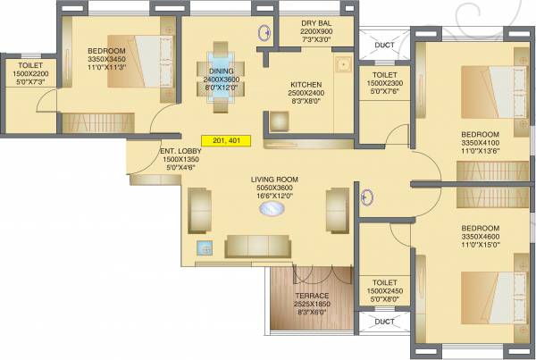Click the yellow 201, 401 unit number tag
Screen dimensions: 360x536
point(226,141)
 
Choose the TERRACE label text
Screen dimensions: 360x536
point(312,296)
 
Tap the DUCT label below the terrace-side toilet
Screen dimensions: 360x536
point(384,322)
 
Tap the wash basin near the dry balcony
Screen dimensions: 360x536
point(265,34)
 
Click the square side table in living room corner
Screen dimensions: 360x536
point(205,249)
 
